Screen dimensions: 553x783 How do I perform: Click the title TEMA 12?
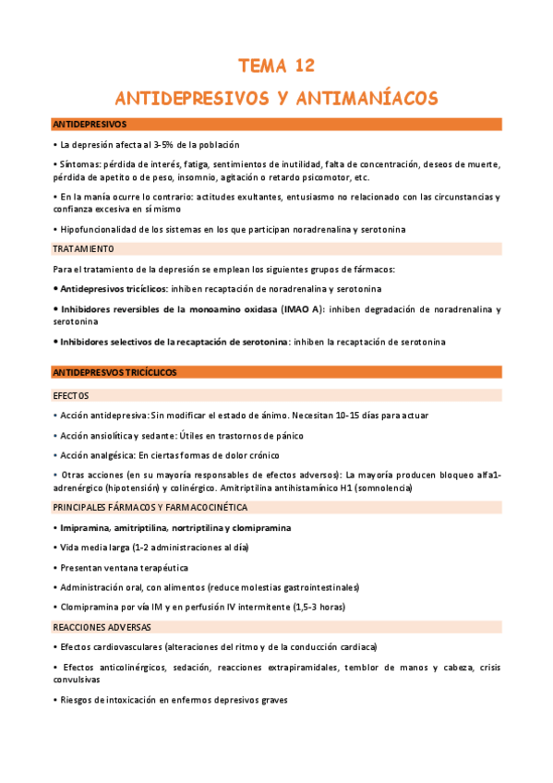276,66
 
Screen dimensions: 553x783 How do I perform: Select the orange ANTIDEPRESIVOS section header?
90,124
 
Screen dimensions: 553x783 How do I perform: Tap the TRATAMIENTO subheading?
83,248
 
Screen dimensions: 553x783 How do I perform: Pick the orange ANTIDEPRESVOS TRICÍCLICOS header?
114,372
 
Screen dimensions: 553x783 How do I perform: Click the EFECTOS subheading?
71,395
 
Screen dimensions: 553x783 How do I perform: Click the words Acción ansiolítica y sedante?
113,436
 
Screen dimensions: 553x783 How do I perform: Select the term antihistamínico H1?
343,488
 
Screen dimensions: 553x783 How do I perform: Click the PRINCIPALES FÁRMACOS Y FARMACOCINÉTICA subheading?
150,508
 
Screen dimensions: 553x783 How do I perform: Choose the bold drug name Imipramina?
84,528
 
